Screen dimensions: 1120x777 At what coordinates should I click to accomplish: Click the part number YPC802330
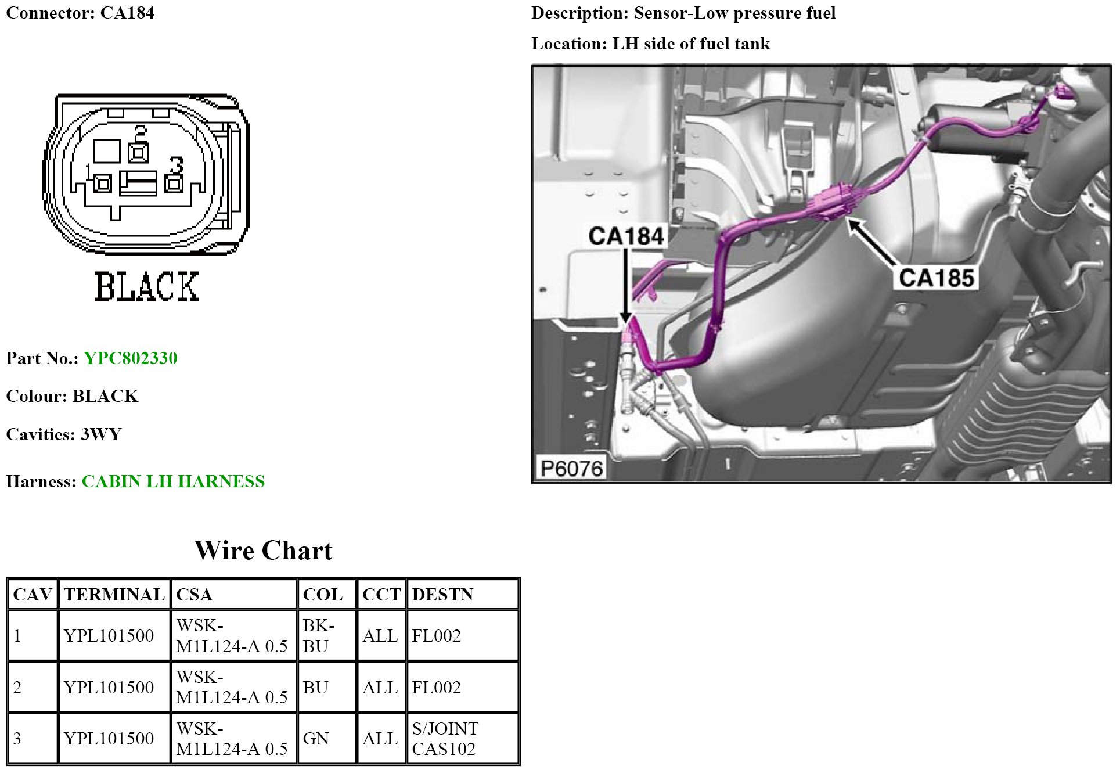click(130, 358)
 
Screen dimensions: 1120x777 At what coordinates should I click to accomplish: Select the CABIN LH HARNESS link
click(173, 481)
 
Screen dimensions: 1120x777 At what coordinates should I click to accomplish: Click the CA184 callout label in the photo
click(626, 236)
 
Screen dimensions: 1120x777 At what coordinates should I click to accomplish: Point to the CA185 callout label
click(936, 278)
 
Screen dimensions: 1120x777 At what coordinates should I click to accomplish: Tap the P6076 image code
click(572, 468)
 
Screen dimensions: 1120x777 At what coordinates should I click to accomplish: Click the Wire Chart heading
click(263, 551)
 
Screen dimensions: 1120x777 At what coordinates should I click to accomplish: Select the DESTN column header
click(442, 595)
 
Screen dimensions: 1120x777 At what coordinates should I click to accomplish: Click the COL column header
click(322, 595)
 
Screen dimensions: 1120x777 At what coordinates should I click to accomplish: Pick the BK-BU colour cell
click(318, 635)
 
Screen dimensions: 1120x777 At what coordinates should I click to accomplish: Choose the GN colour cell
click(316, 739)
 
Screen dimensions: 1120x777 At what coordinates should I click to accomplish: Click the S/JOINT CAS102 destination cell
click(445, 739)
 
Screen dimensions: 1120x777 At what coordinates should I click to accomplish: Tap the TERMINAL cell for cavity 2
click(109, 688)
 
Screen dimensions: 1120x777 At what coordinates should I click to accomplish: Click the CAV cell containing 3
click(17, 739)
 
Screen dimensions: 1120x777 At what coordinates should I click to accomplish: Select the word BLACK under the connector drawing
click(147, 286)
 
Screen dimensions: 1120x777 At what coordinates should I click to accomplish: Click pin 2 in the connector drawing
click(138, 153)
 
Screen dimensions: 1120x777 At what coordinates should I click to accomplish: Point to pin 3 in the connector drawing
click(174, 184)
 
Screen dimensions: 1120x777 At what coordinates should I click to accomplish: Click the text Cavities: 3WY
click(64, 434)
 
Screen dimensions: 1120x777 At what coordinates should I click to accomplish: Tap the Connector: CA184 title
click(80, 13)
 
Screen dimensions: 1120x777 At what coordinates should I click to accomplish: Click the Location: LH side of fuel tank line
click(650, 44)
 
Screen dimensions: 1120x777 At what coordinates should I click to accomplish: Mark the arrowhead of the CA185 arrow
click(851, 222)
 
